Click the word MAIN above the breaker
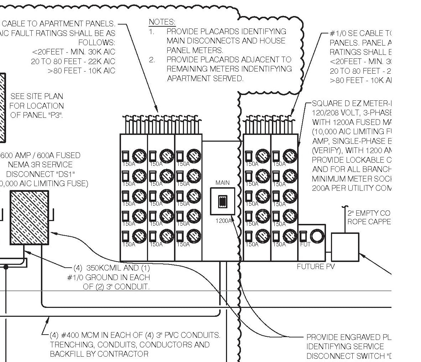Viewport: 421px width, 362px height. pyautogui.click(x=222, y=183)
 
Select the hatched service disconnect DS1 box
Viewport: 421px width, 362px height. pyautogui.click(x=29, y=217)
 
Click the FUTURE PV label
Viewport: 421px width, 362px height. pyautogui.click(x=315, y=266)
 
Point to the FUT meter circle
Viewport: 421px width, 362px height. pyautogui.click(x=316, y=235)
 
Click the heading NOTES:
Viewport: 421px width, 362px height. pyautogui.click(x=162, y=22)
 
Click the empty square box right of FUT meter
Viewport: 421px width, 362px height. pyautogui.click(x=345, y=247)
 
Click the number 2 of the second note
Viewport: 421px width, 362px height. pyautogui.click(x=152, y=59)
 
